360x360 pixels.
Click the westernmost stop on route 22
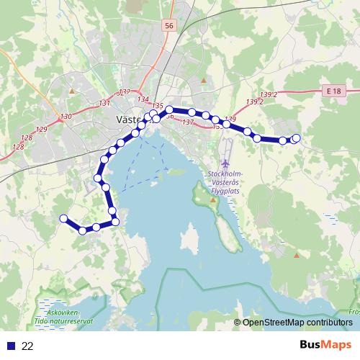[63, 218]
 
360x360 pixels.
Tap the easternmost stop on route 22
[296, 138]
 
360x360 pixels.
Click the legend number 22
[28, 346]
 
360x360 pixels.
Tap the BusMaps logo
[325, 346]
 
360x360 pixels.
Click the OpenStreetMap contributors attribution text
[296, 323]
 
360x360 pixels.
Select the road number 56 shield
[169, 26]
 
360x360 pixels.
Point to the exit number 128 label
[18, 147]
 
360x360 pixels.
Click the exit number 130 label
[66, 116]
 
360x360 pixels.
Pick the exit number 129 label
[40, 130]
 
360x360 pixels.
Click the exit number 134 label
[143, 99]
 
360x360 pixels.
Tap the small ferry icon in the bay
[166, 171]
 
